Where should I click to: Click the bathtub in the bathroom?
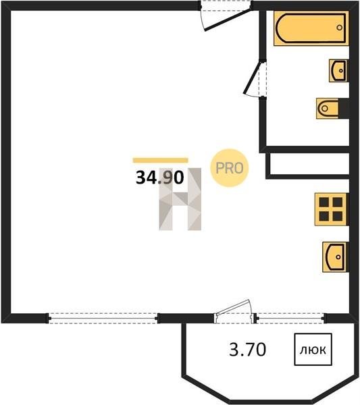click(311, 28)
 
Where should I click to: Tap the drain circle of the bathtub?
click(339, 28)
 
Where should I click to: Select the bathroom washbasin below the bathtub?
click(338, 70)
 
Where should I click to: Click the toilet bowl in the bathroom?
click(328, 109)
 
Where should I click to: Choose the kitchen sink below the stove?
click(336, 256)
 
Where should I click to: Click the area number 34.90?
click(159, 178)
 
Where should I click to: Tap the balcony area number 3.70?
click(247, 350)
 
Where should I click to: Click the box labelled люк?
click(313, 350)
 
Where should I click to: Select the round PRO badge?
click(229, 168)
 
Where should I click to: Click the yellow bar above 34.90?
click(161, 161)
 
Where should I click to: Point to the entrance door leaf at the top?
click(228, 20)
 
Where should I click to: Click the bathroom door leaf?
click(253, 77)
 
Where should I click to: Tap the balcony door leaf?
click(233, 307)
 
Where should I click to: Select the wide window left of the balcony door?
click(103, 318)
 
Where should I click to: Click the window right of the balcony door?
click(290, 318)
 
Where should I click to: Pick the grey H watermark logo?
click(180, 199)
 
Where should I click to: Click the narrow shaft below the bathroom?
click(307, 164)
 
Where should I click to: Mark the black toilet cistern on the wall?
click(344, 109)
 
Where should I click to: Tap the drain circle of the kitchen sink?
click(338, 256)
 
